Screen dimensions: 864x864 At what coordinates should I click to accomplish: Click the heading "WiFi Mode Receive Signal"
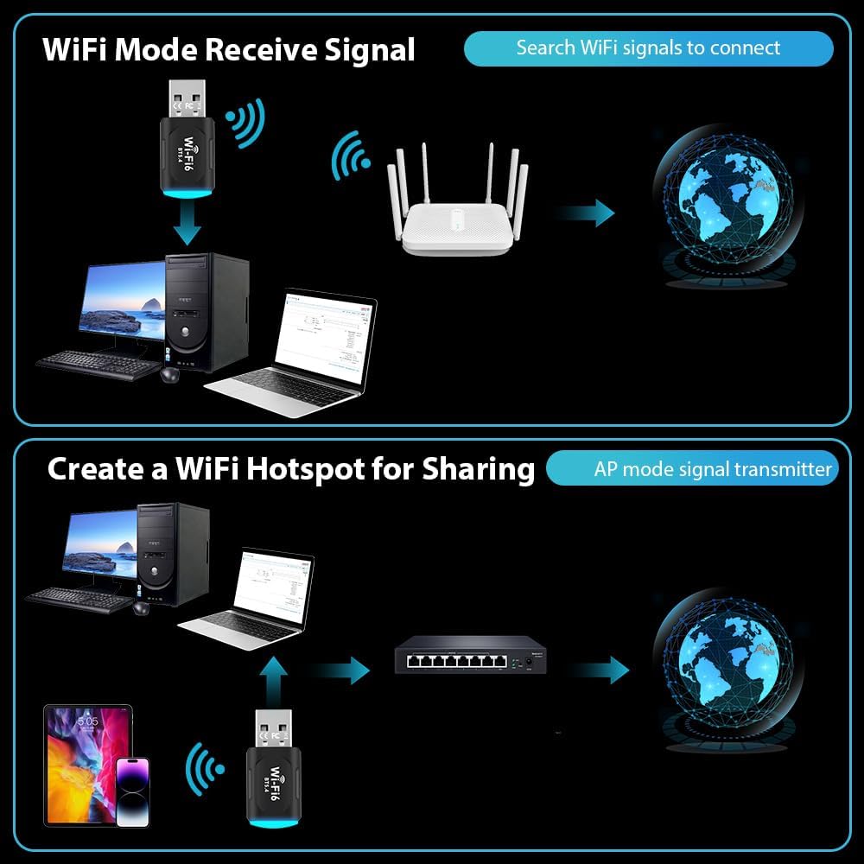point(229,50)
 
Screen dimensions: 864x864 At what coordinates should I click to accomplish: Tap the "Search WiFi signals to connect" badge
point(648,48)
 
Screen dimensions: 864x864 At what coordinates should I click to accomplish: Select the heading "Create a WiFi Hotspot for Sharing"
point(291,469)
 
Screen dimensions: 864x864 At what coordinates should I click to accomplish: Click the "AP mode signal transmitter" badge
point(712,469)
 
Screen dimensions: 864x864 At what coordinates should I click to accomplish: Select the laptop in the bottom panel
point(251,597)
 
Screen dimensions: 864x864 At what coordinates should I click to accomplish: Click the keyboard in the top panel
point(99,363)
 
